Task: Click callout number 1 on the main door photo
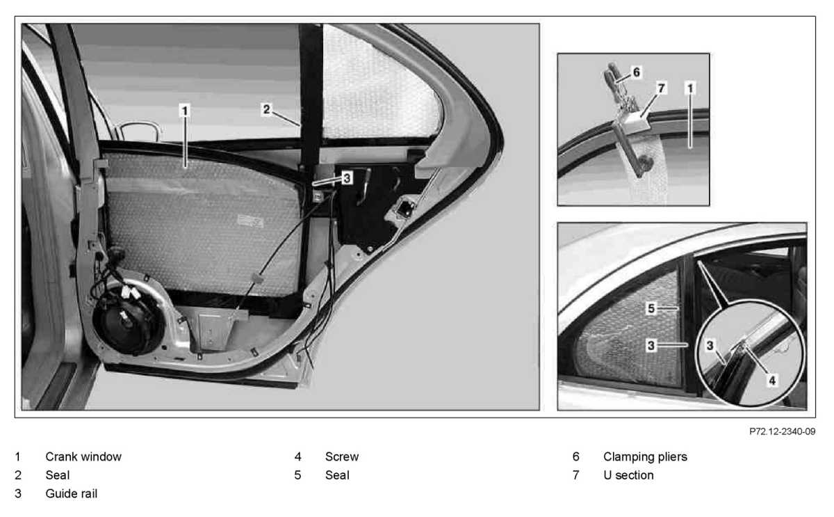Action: click(185, 111)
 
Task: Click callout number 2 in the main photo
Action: click(266, 109)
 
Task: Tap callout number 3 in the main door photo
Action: click(347, 178)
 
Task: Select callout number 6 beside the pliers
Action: click(637, 72)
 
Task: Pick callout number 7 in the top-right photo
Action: click(661, 88)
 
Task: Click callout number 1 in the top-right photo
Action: click(690, 88)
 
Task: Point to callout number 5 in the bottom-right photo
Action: click(651, 309)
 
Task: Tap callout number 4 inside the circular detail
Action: click(772, 381)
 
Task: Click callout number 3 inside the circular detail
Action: click(710, 346)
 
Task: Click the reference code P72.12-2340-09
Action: click(783, 431)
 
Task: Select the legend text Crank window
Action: click(83, 456)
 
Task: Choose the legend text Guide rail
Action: click(72, 493)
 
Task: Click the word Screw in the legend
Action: click(342, 456)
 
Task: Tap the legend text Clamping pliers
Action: click(645, 457)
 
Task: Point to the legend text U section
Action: click(628, 475)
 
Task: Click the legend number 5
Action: click(297, 475)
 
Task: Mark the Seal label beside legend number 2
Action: click(57, 475)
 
